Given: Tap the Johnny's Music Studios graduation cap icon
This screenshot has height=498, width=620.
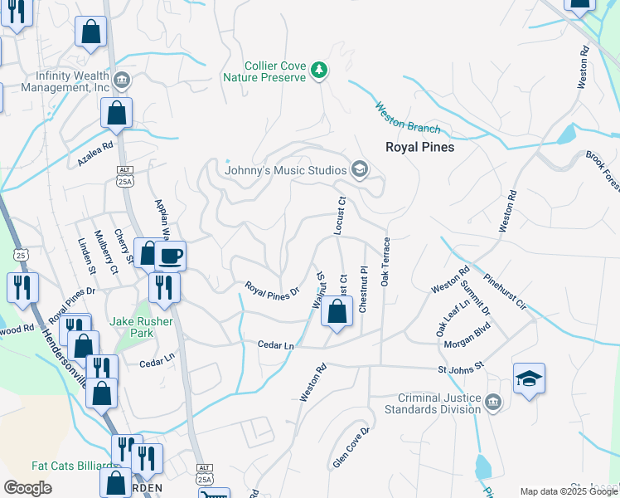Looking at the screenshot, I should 359,170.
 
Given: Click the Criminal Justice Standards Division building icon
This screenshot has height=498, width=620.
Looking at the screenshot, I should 493,403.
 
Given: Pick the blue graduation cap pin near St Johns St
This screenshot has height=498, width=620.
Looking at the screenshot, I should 529,378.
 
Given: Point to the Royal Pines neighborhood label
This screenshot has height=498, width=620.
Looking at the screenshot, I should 419,147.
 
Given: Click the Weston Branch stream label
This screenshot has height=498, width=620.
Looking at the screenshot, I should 408,117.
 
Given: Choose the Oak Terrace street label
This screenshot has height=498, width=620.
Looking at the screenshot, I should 385,261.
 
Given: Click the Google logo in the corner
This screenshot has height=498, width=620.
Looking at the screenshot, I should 28,488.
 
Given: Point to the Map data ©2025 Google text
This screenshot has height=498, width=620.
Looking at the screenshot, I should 569,491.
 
